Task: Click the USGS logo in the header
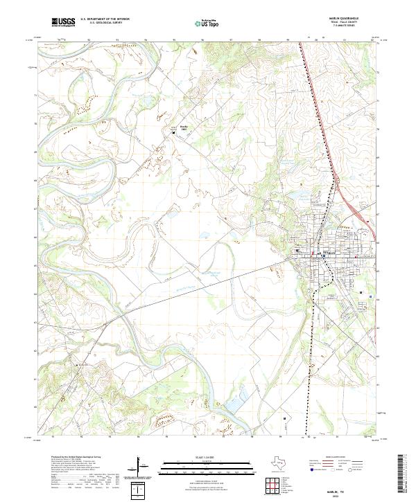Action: click(x=63, y=22)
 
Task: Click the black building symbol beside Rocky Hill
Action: click(x=174, y=132)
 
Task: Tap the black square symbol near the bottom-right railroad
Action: click(x=284, y=418)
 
